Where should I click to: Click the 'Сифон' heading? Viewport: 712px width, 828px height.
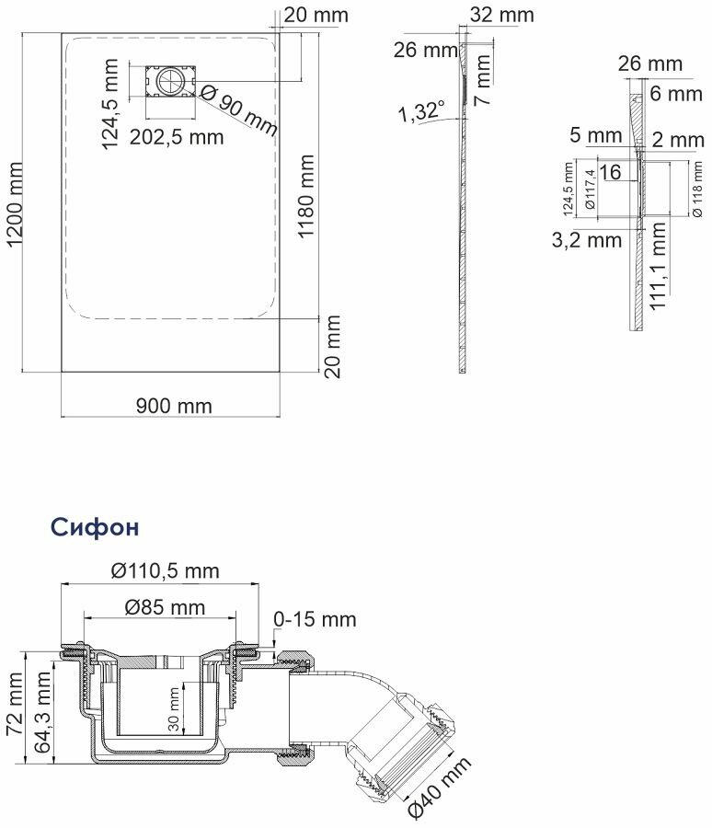coord(95,527)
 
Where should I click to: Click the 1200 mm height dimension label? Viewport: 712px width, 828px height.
coord(15,204)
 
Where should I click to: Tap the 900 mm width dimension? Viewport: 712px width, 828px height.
coord(174,406)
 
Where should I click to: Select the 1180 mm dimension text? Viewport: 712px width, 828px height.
coord(305,197)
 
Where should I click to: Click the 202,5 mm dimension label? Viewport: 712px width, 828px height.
coord(177,137)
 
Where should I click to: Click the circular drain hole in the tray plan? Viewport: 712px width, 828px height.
coord(170,82)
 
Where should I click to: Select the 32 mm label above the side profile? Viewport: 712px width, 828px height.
coord(501,15)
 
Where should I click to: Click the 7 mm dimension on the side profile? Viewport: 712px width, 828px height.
coord(483,80)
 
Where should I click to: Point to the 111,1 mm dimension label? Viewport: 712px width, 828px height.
coord(658,266)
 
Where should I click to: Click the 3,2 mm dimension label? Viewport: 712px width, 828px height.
coord(587,240)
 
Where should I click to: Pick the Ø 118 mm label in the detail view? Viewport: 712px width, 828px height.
coord(696,189)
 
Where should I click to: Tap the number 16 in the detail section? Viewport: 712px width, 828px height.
coord(611,172)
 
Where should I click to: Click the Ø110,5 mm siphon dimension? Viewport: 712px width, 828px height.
coord(166,570)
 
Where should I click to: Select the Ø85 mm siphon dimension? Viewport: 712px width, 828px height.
coord(165,608)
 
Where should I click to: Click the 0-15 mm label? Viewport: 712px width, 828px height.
coord(315,619)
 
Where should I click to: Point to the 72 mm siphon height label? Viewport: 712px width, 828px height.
coord(15,704)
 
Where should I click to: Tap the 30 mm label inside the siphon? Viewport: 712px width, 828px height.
coord(174,709)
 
